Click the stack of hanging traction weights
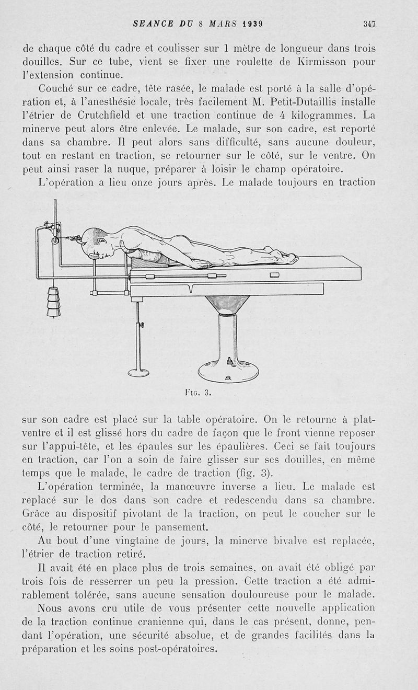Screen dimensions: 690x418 54,302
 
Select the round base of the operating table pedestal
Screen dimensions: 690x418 228,370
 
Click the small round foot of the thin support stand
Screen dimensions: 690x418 138,372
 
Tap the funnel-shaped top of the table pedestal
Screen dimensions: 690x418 228,305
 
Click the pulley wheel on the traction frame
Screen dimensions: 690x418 54,239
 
